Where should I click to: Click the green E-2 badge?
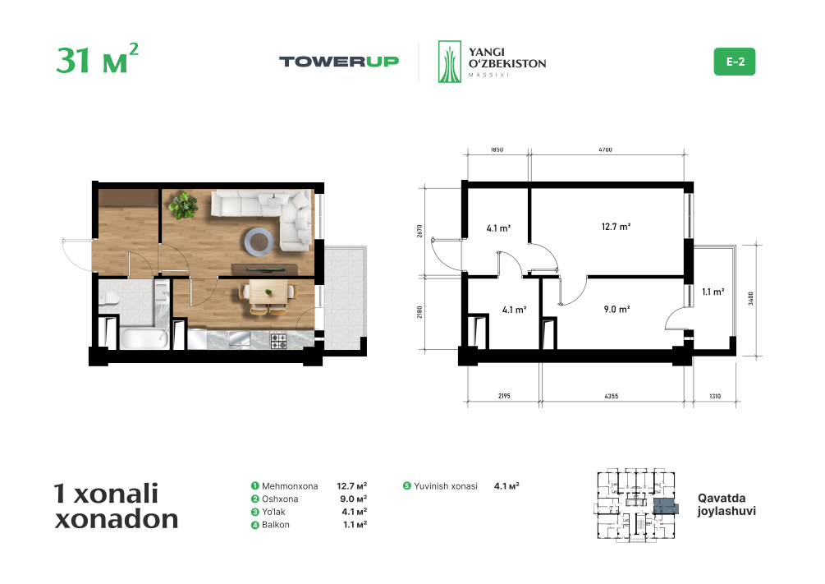pos(734,62)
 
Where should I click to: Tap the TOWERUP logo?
pos(339,62)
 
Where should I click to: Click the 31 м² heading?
pos(97,58)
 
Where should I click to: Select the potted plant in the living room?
pos(183,205)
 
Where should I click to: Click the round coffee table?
pos(259,241)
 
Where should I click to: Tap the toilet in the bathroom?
pos(109,298)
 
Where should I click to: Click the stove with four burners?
pos(279,341)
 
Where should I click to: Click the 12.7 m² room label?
pos(616,227)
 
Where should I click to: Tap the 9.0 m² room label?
pos(616,309)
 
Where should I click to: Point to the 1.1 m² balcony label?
pos(713,292)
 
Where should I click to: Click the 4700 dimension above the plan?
pos(605,149)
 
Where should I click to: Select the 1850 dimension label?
pos(497,149)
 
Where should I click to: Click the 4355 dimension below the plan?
pos(611,396)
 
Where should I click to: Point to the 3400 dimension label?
pos(751,298)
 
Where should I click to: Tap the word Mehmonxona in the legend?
pos(290,486)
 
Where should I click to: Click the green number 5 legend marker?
pos(406,485)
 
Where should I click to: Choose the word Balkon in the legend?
pos(276,525)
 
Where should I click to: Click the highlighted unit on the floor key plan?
pos(666,507)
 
